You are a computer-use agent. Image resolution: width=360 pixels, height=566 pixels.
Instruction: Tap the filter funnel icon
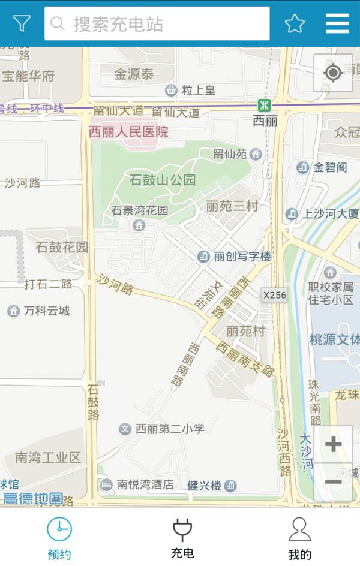click(x=22, y=23)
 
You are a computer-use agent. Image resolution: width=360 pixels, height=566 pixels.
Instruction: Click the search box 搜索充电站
click(x=157, y=23)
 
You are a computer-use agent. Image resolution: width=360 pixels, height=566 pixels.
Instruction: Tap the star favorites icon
click(x=295, y=23)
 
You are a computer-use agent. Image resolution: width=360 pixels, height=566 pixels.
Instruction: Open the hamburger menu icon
click(x=337, y=23)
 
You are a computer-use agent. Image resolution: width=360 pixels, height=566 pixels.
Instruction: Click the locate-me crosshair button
click(x=333, y=73)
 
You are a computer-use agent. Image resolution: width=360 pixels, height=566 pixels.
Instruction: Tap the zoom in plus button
click(x=333, y=444)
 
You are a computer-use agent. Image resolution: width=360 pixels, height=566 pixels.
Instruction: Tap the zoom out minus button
click(x=333, y=481)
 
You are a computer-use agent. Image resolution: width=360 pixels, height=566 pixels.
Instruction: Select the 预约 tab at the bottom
click(x=59, y=538)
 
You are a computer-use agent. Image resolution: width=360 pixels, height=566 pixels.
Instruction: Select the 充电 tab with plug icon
click(x=182, y=538)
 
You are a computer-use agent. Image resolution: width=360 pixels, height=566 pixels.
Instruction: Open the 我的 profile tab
click(x=299, y=538)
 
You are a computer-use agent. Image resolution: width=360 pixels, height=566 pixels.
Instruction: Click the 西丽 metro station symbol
click(x=264, y=105)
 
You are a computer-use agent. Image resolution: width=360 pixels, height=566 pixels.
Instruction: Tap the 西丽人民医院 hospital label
click(x=128, y=132)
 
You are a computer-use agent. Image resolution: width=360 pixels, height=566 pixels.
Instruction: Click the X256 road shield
click(x=274, y=294)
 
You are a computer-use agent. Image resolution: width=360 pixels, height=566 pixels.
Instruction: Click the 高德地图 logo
click(x=33, y=498)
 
